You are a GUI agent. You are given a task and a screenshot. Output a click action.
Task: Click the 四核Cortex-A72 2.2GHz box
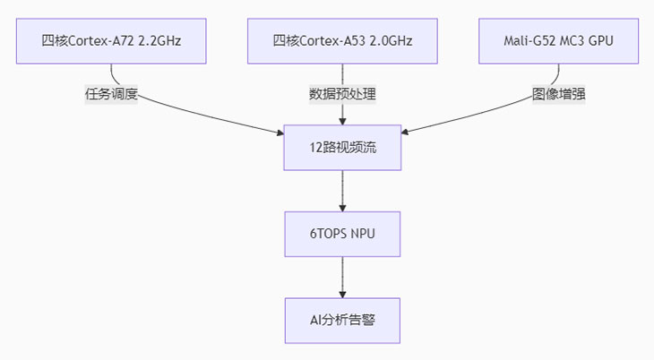click(x=112, y=40)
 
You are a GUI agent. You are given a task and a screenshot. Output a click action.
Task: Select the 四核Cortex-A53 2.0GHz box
click(x=342, y=40)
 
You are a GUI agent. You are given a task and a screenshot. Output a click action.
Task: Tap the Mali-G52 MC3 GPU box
click(x=560, y=40)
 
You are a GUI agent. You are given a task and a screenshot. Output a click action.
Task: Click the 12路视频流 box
click(x=342, y=147)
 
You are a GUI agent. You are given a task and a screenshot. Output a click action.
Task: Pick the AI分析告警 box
click(x=342, y=319)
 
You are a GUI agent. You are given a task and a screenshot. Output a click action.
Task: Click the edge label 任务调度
click(x=112, y=93)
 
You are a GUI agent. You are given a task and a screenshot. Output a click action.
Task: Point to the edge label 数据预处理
click(x=342, y=93)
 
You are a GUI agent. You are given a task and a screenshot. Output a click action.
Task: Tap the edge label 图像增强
click(x=560, y=93)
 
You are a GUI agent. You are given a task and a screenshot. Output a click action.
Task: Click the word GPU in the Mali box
click(x=601, y=40)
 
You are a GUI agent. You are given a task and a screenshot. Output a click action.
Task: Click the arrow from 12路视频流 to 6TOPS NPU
click(x=342, y=190)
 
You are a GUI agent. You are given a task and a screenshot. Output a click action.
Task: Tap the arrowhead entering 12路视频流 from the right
click(x=406, y=134)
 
